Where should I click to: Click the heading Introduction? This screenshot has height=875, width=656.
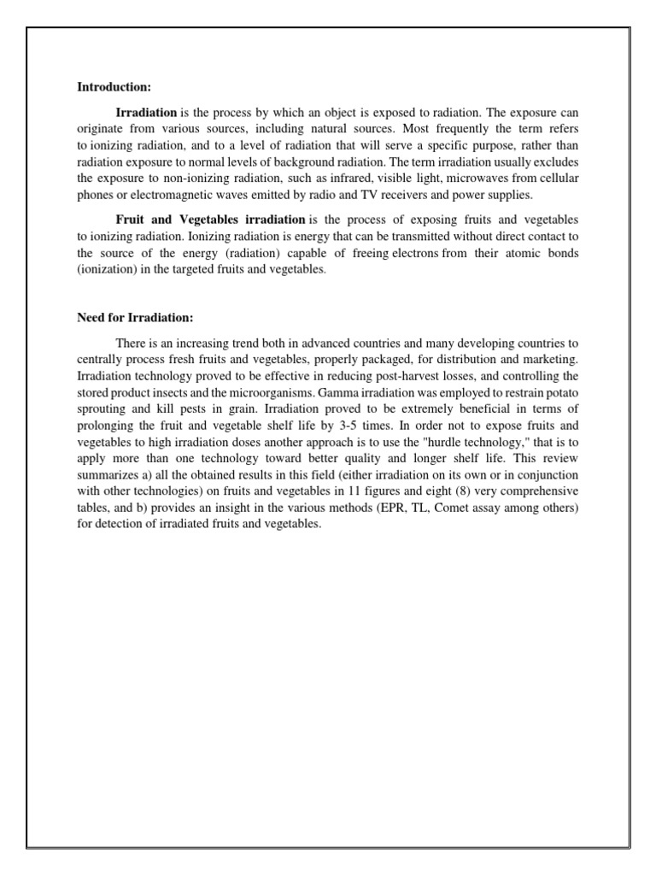click(x=114, y=86)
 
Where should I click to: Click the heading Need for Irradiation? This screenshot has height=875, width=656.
click(x=135, y=319)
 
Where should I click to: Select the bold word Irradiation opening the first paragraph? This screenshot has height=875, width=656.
click(x=146, y=112)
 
